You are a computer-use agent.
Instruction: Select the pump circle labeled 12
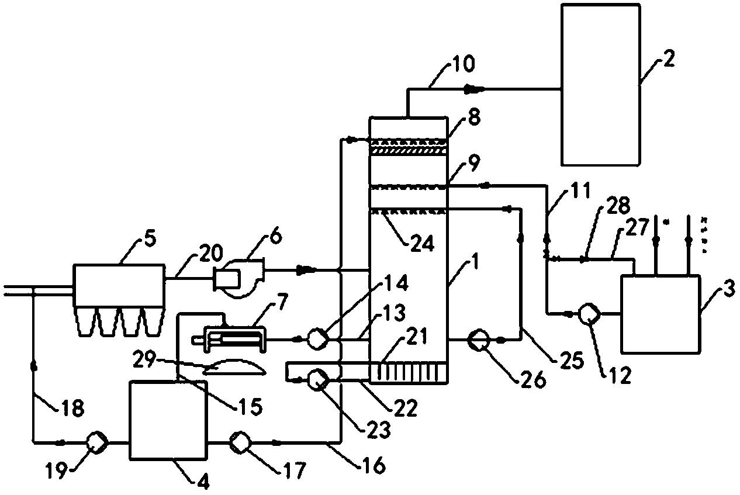(x=589, y=313)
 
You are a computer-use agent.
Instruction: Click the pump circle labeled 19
(x=96, y=442)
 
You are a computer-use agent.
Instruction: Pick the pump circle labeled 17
(x=240, y=442)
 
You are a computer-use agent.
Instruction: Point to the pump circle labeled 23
(x=317, y=380)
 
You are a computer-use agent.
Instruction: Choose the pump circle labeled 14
(x=317, y=338)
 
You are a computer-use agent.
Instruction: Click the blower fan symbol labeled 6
(x=239, y=278)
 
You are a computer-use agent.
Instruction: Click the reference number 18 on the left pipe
(x=72, y=407)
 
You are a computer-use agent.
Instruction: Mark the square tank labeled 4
(x=168, y=420)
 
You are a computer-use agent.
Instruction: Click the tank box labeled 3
(x=661, y=314)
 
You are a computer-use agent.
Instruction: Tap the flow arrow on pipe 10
(x=473, y=88)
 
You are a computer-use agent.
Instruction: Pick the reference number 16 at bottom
(x=373, y=465)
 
